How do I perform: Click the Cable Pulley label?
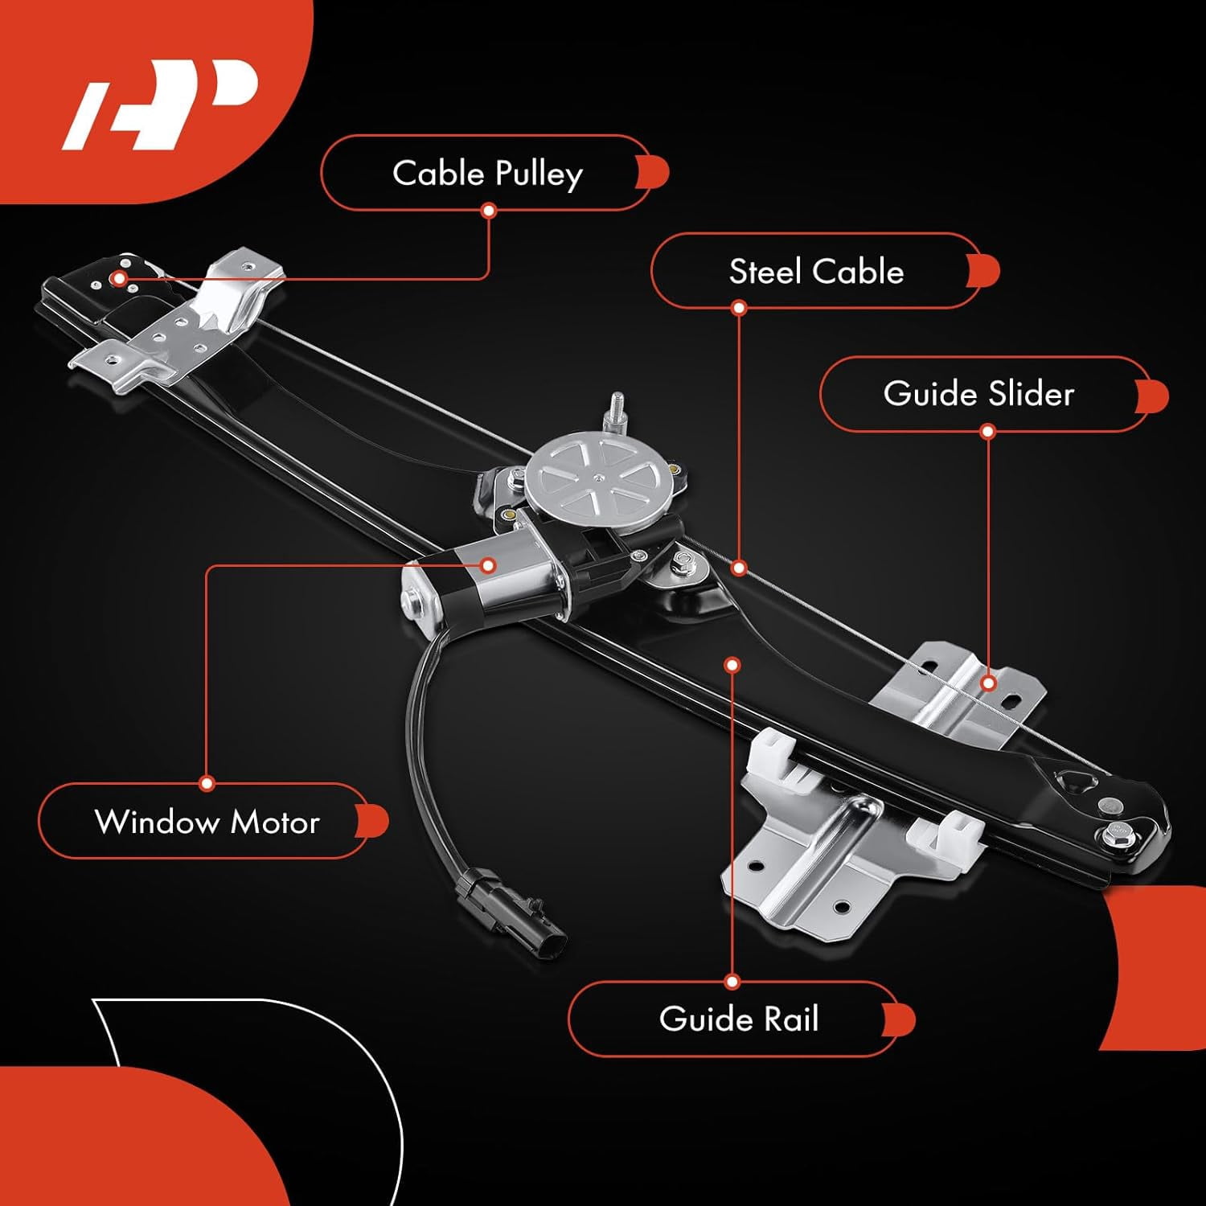487,173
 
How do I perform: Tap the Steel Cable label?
816,271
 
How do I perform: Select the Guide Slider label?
978,393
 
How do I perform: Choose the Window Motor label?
207,821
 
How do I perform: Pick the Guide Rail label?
739,1019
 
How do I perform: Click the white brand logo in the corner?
160,104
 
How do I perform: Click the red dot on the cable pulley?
119,279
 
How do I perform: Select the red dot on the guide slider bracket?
988,683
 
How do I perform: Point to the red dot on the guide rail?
732,665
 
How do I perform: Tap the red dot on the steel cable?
739,568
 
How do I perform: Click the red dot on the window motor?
487,565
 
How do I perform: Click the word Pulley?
539,174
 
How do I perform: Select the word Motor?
275,822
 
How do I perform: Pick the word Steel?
765,272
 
